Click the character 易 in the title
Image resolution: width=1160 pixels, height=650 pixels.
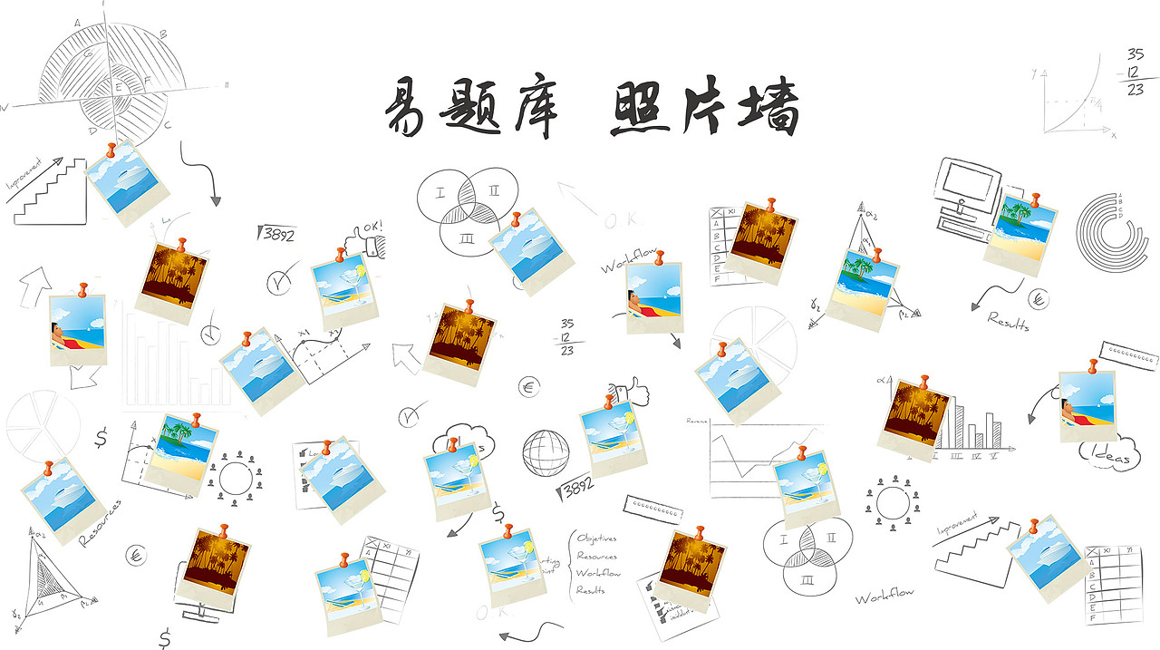tap(406, 109)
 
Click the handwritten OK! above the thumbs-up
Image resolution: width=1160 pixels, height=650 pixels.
tap(372, 227)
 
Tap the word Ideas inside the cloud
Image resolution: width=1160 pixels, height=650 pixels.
tap(1111, 458)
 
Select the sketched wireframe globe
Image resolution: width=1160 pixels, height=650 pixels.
tap(546, 451)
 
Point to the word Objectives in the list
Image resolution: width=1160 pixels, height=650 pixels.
tap(596, 538)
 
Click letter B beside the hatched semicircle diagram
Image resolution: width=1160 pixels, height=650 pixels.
tap(162, 34)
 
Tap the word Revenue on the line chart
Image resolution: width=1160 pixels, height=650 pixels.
tap(697, 421)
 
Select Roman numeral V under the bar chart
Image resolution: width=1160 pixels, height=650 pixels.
tap(995, 455)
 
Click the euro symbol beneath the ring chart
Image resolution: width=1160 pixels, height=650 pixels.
tap(1039, 298)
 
